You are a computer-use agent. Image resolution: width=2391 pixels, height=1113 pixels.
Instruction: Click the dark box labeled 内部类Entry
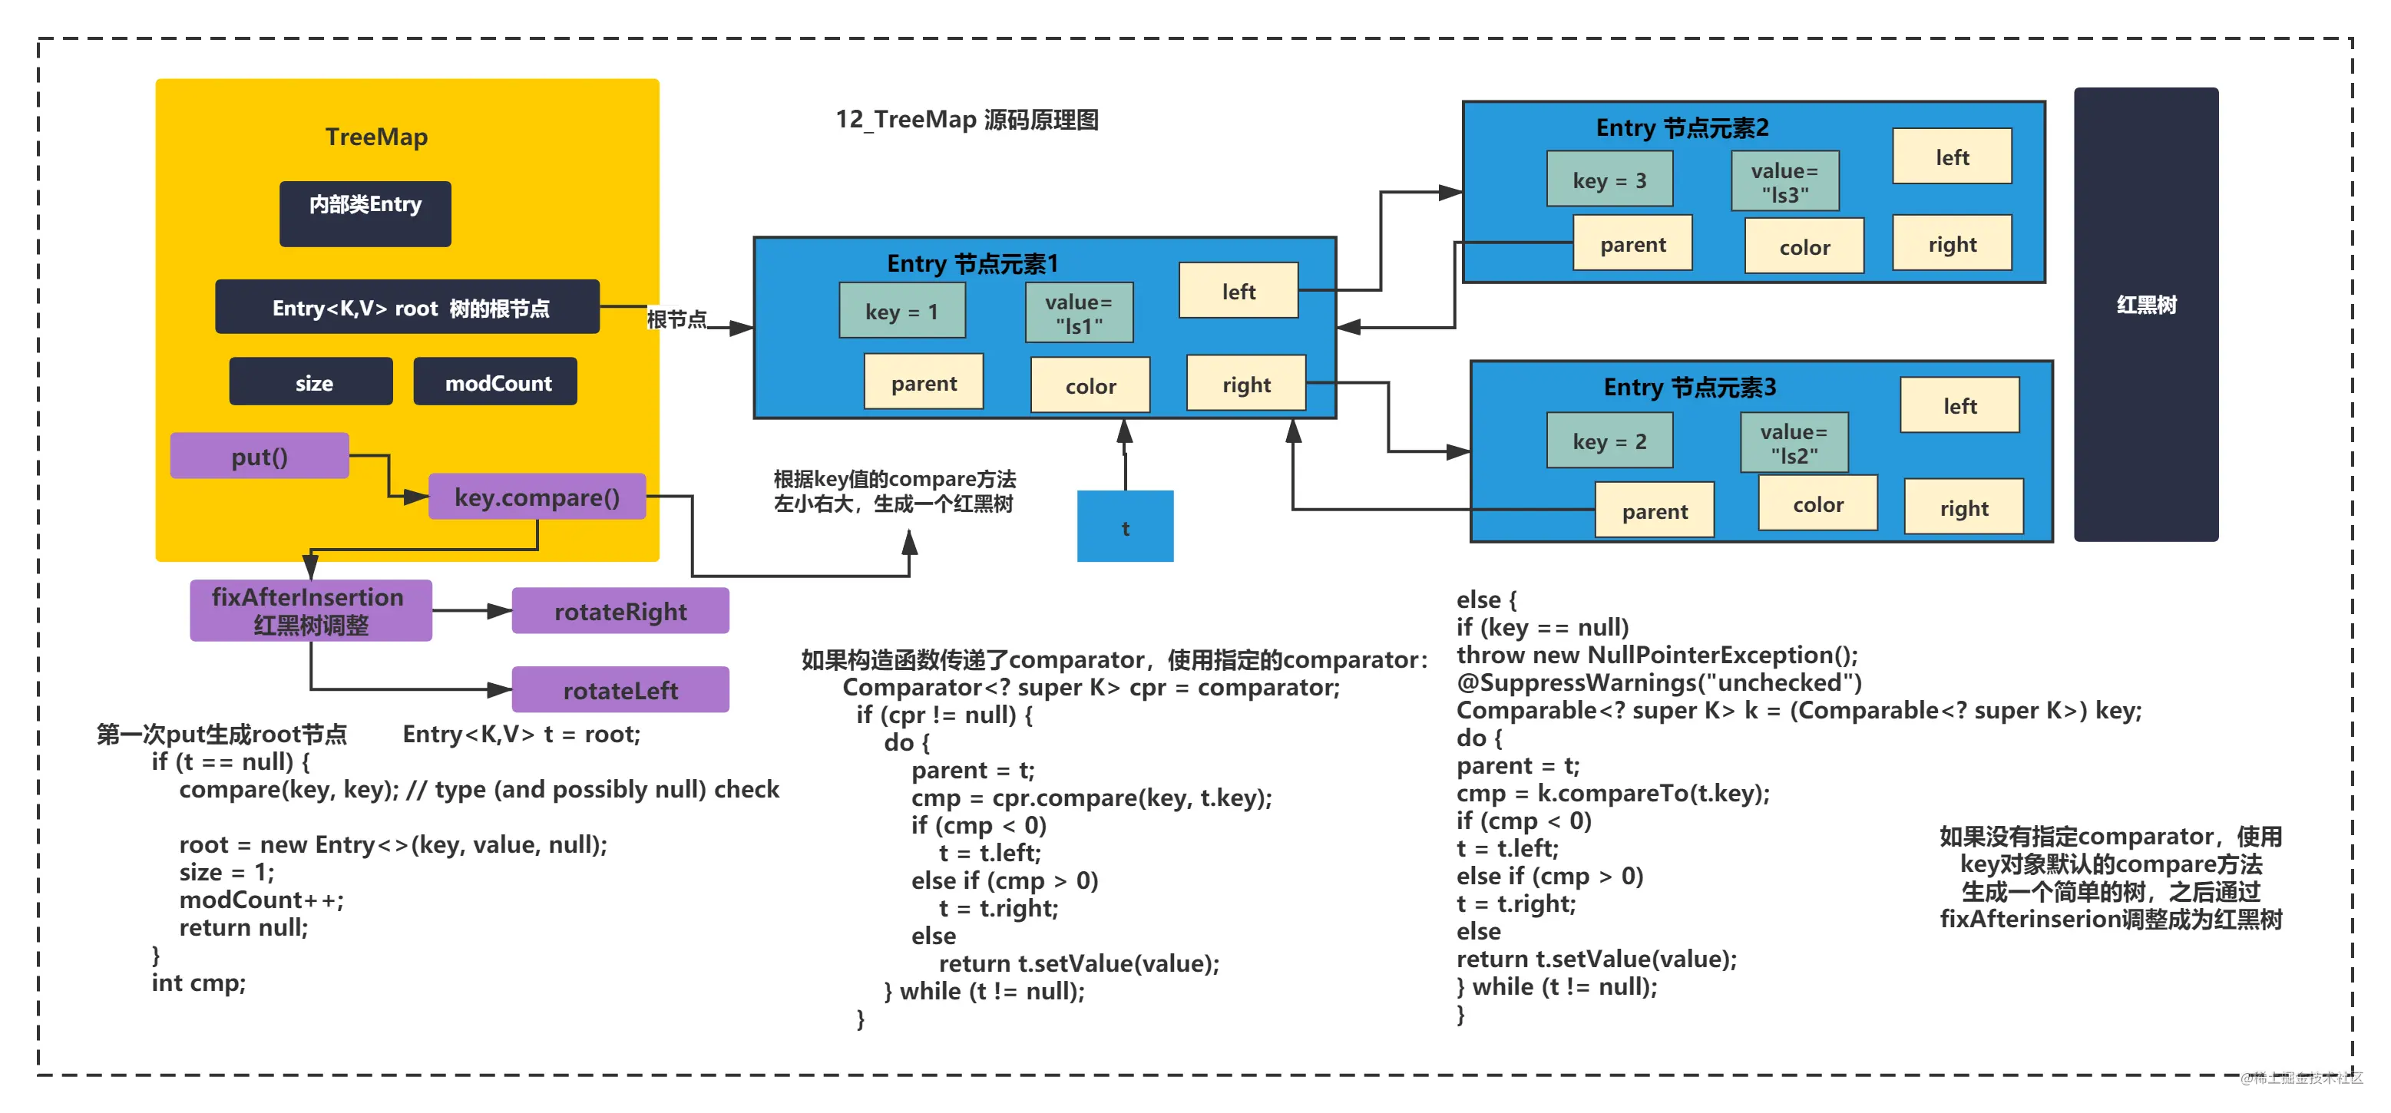pyautogui.click(x=365, y=213)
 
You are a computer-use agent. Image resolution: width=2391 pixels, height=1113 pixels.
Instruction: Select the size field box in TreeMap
pyautogui.click(x=311, y=381)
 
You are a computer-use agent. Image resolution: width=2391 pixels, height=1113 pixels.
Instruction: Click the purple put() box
pyautogui.click(x=260, y=456)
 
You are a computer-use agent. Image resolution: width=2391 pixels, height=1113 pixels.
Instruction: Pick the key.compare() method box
pyautogui.click(x=537, y=497)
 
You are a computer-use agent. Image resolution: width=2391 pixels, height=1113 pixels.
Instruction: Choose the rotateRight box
pyautogui.click(x=620, y=611)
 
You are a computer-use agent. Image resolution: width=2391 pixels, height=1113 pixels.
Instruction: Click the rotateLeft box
pyautogui.click(x=620, y=690)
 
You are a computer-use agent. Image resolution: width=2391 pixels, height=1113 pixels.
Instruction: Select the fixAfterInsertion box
pyautogui.click(x=311, y=611)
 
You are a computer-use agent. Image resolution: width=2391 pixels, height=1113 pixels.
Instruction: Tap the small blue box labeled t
pyautogui.click(x=1125, y=527)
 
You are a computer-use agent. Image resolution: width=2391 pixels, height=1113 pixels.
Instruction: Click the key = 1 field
pyautogui.click(x=902, y=311)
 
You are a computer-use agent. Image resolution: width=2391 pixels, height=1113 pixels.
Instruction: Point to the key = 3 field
pyautogui.click(x=1609, y=179)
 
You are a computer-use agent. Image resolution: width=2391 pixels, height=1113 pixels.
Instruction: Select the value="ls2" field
pyautogui.click(x=1794, y=444)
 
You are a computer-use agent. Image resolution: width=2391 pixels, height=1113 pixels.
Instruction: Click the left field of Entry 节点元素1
pyautogui.click(x=1238, y=291)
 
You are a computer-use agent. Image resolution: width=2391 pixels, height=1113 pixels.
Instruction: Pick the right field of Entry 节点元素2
pyautogui.click(x=1952, y=243)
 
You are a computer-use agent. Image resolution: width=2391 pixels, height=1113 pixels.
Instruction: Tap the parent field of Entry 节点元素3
pyautogui.click(x=1654, y=510)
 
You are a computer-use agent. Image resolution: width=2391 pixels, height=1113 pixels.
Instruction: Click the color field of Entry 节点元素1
pyautogui.click(x=1090, y=385)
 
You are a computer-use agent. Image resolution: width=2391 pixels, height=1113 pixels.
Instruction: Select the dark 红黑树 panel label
pyautogui.click(x=2146, y=305)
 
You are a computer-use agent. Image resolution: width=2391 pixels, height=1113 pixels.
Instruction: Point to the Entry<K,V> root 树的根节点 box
pyautogui.click(x=408, y=306)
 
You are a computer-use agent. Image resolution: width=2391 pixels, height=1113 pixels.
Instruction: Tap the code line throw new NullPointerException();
pyautogui.click(x=1657, y=655)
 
